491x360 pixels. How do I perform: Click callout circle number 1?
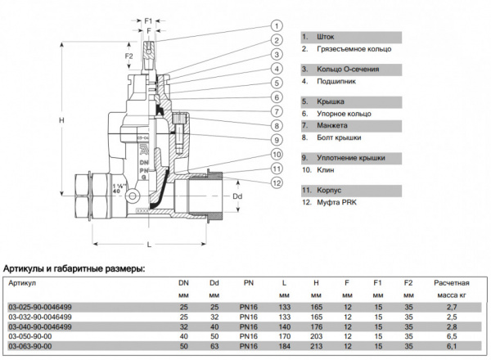click(277, 25)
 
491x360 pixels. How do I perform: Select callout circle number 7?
click(277, 111)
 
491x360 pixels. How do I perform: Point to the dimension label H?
click(61, 120)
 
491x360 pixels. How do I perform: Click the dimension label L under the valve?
click(148, 245)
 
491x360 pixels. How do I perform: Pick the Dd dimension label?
click(238, 196)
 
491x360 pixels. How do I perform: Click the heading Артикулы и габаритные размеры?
click(74, 267)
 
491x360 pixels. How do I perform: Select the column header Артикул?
click(24, 282)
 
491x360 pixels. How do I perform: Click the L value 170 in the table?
click(284, 335)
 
